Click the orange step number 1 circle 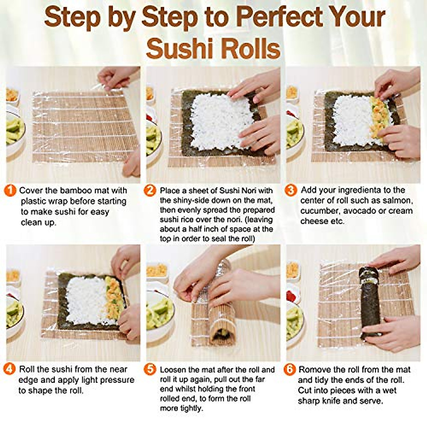coord(10,191)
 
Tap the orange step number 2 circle coord(150,191)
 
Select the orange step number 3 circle coord(291,190)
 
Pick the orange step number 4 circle coord(10,369)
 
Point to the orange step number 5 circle coord(150,369)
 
